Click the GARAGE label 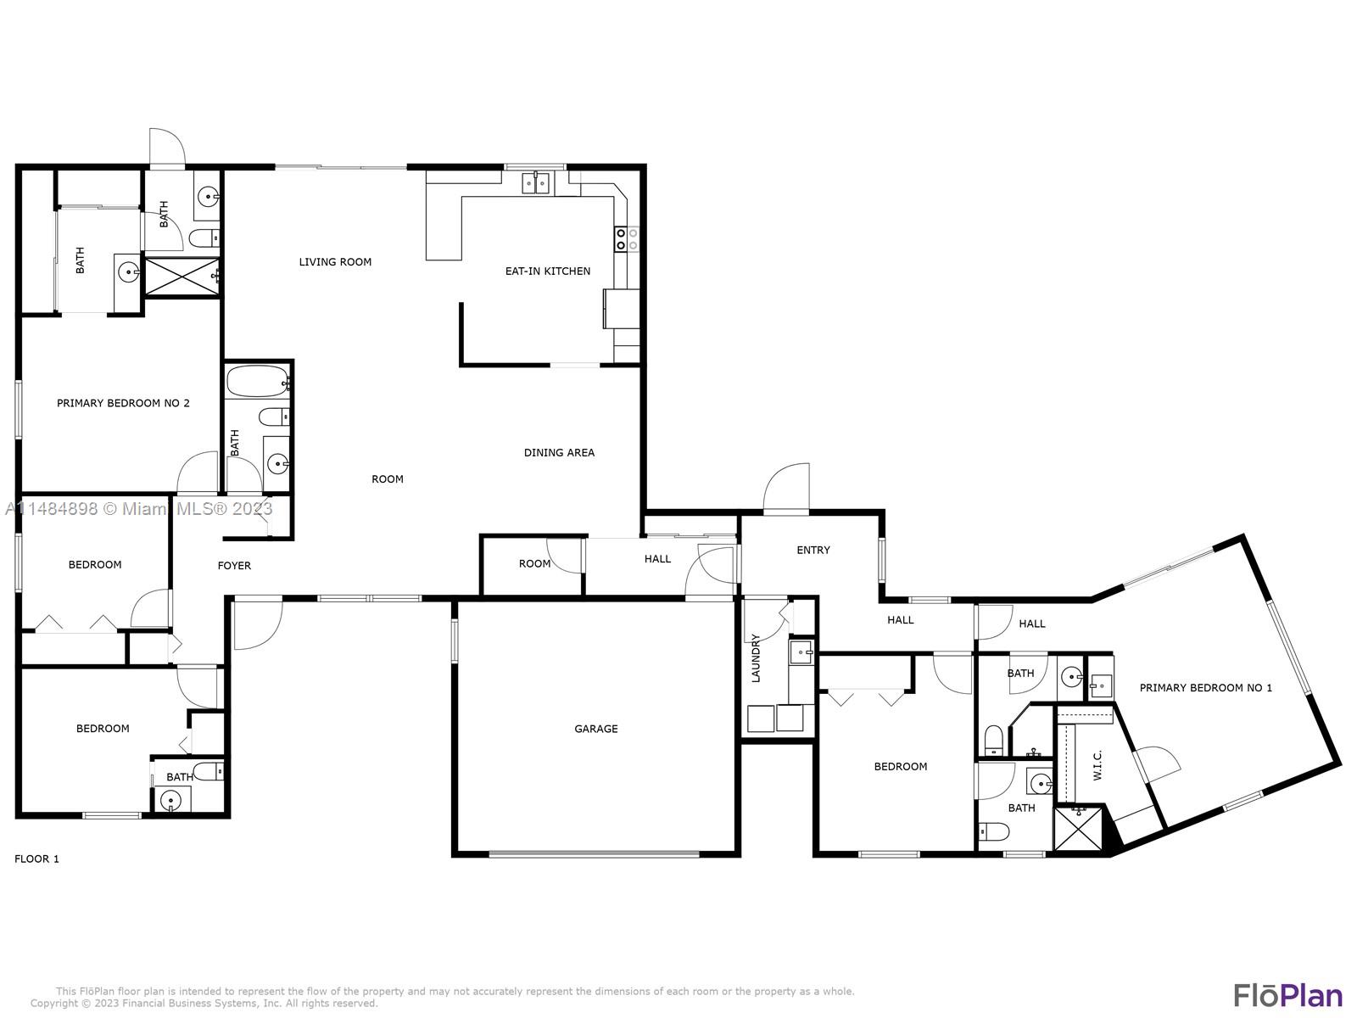[x=595, y=729]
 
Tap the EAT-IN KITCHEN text [x=548, y=271]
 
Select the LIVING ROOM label [x=335, y=262]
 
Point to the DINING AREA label [x=559, y=453]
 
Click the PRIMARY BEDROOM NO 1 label [x=1205, y=688]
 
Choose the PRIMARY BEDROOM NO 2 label [x=123, y=403]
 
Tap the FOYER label [x=234, y=566]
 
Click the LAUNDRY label [x=756, y=658]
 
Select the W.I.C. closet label [x=1097, y=765]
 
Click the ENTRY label [x=813, y=551]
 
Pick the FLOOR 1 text [x=36, y=859]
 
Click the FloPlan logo [x=1287, y=994]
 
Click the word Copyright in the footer [x=55, y=1004]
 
